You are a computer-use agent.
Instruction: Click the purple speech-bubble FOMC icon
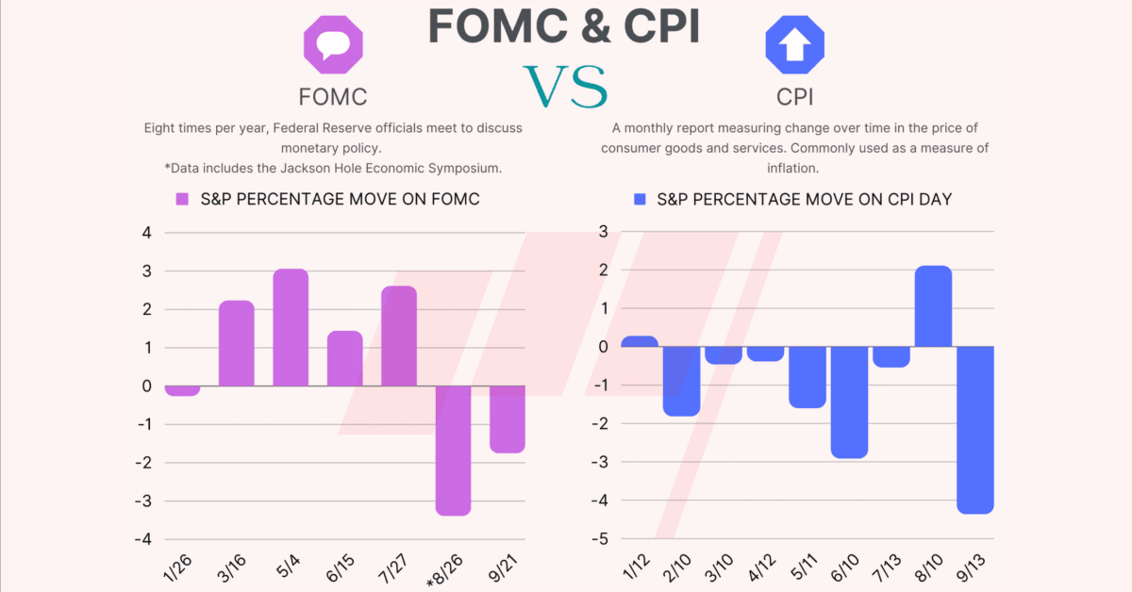pyautogui.click(x=332, y=45)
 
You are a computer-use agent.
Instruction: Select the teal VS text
pyautogui.click(x=565, y=86)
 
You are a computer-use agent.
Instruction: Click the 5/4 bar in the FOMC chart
pyautogui.click(x=291, y=327)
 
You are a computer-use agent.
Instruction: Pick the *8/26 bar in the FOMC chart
pyautogui.click(x=454, y=450)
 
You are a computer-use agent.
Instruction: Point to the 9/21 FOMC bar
pyautogui.click(x=508, y=419)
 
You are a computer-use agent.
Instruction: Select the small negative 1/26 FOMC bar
pyautogui.click(x=182, y=390)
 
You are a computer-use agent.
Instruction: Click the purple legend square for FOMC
pyautogui.click(x=183, y=199)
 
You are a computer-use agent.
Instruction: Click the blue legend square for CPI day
pyautogui.click(x=640, y=199)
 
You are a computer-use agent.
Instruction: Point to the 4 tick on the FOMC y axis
pyautogui.click(x=145, y=233)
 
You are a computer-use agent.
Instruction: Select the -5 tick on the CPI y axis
pyautogui.click(x=602, y=539)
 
